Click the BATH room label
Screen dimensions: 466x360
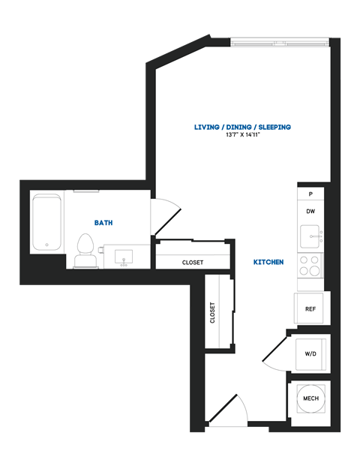click(x=104, y=223)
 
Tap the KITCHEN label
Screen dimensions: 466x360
click(x=268, y=263)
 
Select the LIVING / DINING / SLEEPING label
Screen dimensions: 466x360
click(x=242, y=128)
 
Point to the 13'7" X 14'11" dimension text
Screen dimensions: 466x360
click(x=242, y=136)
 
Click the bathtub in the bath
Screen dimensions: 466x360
click(x=46, y=223)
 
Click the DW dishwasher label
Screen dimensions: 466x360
click(x=310, y=212)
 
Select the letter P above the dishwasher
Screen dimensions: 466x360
click(x=310, y=194)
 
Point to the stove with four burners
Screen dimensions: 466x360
click(x=310, y=265)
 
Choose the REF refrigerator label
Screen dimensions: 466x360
click(x=310, y=308)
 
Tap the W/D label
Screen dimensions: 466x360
click(x=310, y=353)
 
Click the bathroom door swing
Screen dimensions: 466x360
click(x=165, y=218)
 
